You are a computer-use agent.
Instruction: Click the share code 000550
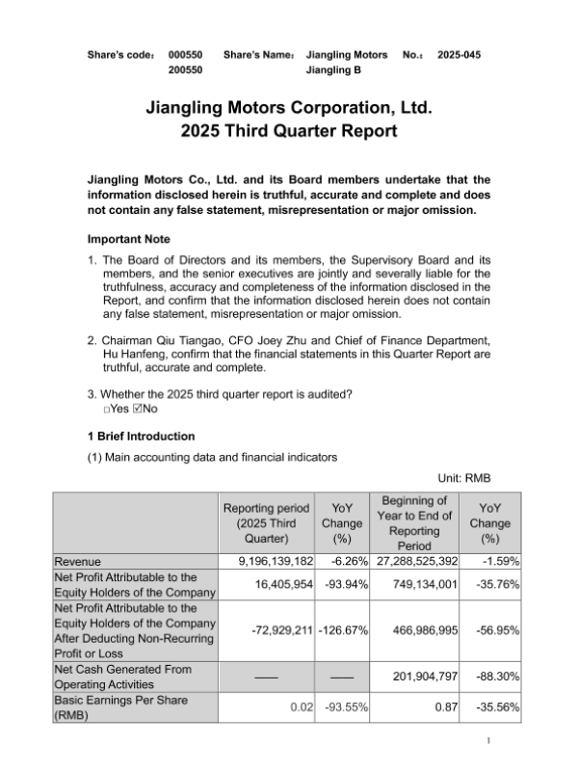pyautogui.click(x=185, y=55)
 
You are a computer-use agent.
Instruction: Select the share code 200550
pyautogui.click(x=185, y=70)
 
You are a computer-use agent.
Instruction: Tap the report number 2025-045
pyautogui.click(x=459, y=55)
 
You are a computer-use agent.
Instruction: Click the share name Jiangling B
pyautogui.click(x=333, y=70)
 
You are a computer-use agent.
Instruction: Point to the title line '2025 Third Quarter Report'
pyautogui.click(x=289, y=131)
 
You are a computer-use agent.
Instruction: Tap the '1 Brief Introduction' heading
pyautogui.click(x=140, y=436)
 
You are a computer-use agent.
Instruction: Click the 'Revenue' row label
pyautogui.click(x=79, y=560)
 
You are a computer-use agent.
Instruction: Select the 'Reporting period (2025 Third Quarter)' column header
pyautogui.click(x=266, y=523)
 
